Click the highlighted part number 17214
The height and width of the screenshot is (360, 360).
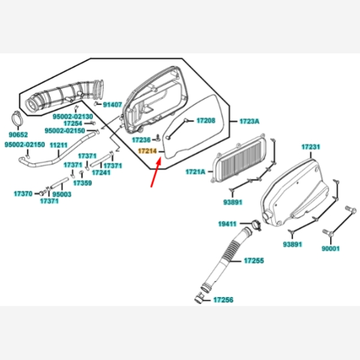(x=147, y=152)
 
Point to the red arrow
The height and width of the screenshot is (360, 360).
(x=155, y=173)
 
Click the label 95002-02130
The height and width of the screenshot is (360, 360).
(x=73, y=116)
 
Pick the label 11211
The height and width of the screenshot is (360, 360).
(x=59, y=145)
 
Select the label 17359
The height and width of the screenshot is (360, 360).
(x=83, y=182)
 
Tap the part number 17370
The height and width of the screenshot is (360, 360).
(x=23, y=194)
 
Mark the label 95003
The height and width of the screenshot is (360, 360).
(x=62, y=194)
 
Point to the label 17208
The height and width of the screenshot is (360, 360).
(x=205, y=121)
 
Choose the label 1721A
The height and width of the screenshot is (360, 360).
(x=196, y=172)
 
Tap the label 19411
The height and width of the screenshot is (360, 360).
(x=227, y=224)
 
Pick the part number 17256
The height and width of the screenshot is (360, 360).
(x=223, y=299)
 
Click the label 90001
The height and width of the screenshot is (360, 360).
(x=331, y=248)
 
